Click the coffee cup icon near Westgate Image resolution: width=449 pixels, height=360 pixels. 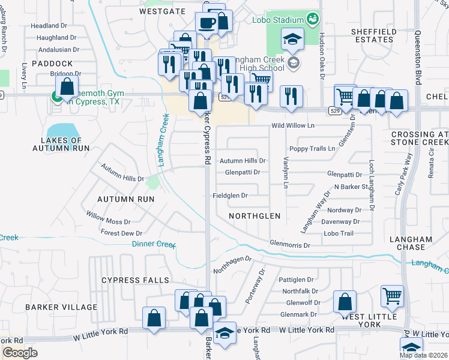pos(208,23)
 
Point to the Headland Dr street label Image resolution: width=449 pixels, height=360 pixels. pos(49,26)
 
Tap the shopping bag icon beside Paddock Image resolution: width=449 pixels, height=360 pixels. pos(67,86)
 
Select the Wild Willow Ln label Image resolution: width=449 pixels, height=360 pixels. pos(293,126)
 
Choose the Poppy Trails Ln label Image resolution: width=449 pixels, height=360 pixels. pos(312,148)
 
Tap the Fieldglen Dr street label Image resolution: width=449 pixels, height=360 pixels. pos(231,196)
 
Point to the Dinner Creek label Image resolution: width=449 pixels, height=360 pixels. pos(153,244)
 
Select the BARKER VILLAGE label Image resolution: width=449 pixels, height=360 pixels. pos(61,307)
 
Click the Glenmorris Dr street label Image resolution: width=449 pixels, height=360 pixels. pos(290,245)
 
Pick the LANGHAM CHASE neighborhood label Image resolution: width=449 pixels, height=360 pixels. pos(411,243)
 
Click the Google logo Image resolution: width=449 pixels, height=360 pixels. pos(20,353)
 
